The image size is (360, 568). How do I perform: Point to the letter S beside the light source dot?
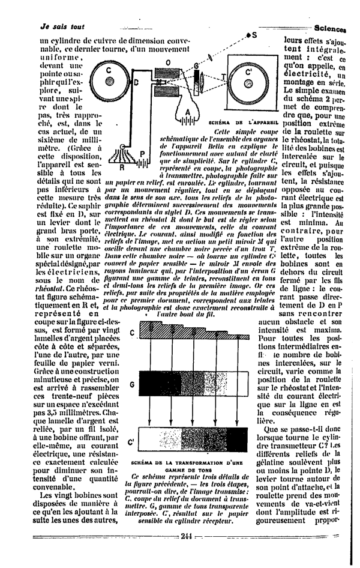tap(254, 35)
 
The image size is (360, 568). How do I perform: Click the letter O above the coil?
tap(167, 62)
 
